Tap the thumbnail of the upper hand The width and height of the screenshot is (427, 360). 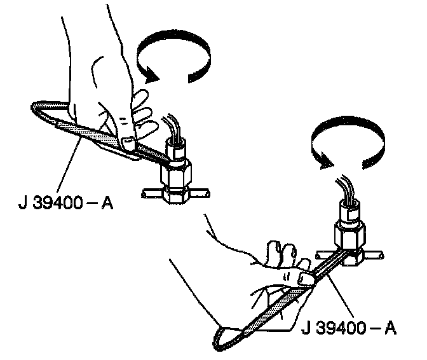click(127, 143)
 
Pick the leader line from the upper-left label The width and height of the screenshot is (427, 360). click(70, 153)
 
